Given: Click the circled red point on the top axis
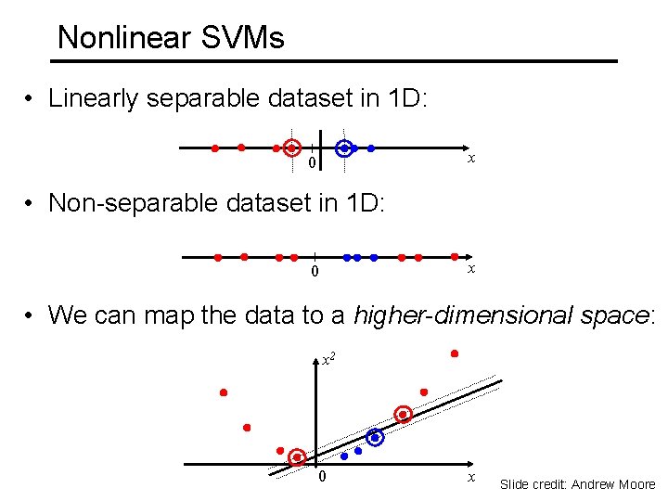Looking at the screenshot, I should pyautogui.click(x=292, y=148).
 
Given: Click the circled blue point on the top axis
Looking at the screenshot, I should pyautogui.click(x=344, y=148).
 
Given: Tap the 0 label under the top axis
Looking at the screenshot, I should pyautogui.click(x=313, y=164).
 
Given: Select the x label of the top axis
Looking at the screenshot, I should pyautogui.click(x=471, y=159).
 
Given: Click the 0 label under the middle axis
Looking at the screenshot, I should pyautogui.click(x=314, y=272).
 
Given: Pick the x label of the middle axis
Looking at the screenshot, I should pyautogui.click(x=471, y=267).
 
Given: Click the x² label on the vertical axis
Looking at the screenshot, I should pyautogui.click(x=328, y=359).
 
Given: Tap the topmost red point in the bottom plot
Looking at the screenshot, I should pyautogui.click(x=454, y=353).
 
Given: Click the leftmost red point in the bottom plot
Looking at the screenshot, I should pyautogui.click(x=223, y=392).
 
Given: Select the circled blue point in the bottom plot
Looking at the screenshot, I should pyautogui.click(x=375, y=437).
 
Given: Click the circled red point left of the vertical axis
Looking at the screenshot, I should pyautogui.click(x=297, y=456).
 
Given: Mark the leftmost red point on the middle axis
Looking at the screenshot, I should pyautogui.click(x=218, y=257).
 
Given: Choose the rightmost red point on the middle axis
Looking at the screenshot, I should pyautogui.click(x=455, y=257).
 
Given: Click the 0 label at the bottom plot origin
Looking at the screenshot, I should pyautogui.click(x=321, y=477).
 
